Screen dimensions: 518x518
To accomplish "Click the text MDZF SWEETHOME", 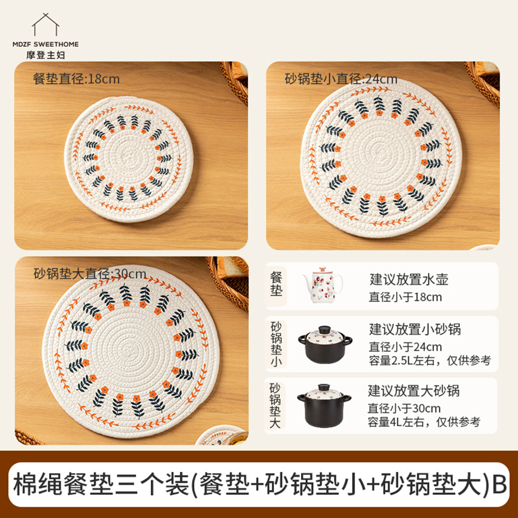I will [46, 45].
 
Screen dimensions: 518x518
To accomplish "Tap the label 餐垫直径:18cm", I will [76, 79].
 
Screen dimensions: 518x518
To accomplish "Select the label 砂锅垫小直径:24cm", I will [341, 79].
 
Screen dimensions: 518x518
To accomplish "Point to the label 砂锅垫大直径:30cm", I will [90, 273].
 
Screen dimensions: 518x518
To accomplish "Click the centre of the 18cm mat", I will [124, 159].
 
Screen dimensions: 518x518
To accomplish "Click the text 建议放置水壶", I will [409, 280].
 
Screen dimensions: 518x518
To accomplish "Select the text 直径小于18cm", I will [406, 297].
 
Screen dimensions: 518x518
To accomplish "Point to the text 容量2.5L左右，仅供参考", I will [429, 361].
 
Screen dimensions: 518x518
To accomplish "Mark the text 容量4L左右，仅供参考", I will [424, 422].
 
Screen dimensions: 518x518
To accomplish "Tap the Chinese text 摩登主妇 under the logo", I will [46, 54].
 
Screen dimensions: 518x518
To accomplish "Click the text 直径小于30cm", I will [405, 408].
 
